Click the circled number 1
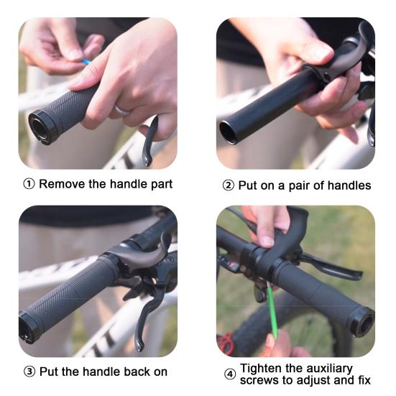coord(29,184)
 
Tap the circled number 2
coord(229,185)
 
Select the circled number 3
coord(29,372)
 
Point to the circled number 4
coord(230,374)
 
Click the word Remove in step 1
coord(62,184)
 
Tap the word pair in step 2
coord(300,186)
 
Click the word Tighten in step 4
coord(261,369)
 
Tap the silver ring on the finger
coord(121,110)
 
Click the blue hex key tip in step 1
coord(86,62)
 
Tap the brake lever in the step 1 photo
coord(149,142)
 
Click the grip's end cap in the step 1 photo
coord(40,127)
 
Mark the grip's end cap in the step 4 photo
coord(363,323)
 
